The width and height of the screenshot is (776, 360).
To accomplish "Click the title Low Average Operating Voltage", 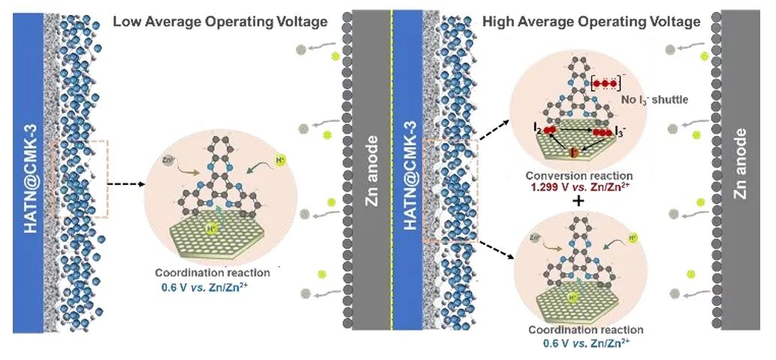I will point(220,22).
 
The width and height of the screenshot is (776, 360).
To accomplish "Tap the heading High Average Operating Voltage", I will point(592,22).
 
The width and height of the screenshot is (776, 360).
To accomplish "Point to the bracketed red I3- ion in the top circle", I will point(605,82).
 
